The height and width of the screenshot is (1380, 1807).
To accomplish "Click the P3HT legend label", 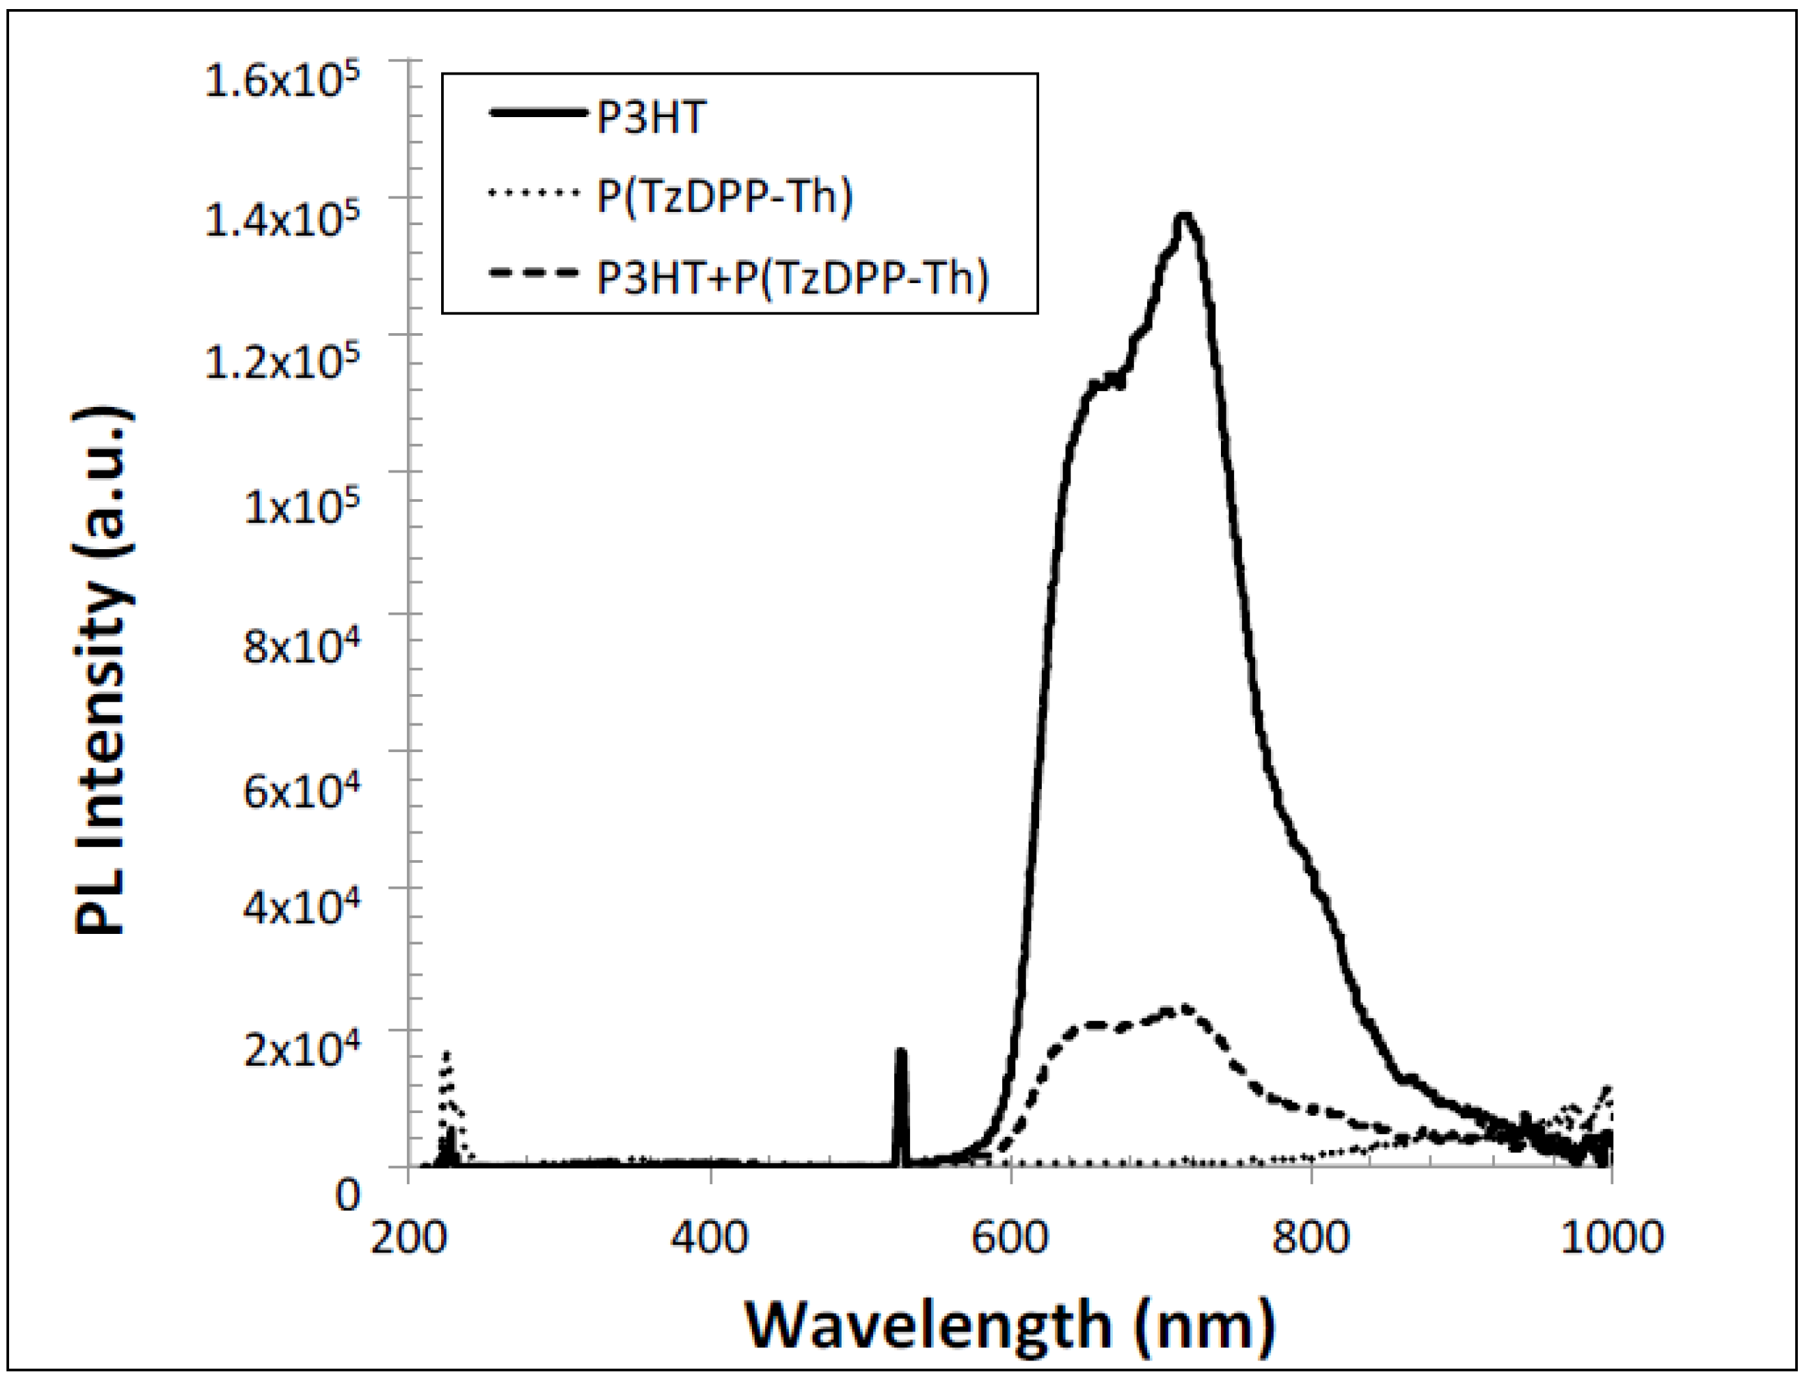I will coord(650,118).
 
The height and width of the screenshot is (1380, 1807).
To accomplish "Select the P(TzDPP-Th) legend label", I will coord(725,197).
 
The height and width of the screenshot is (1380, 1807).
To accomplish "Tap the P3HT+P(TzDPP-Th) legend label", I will coord(792,277).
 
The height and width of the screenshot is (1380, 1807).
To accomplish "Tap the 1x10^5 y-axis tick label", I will coord(302,506).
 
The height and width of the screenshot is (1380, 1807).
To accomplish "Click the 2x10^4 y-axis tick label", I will coord(302,1050).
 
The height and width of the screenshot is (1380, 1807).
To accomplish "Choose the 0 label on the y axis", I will coord(348,1196).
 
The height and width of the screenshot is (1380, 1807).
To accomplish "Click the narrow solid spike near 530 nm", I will coord(901,1059).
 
